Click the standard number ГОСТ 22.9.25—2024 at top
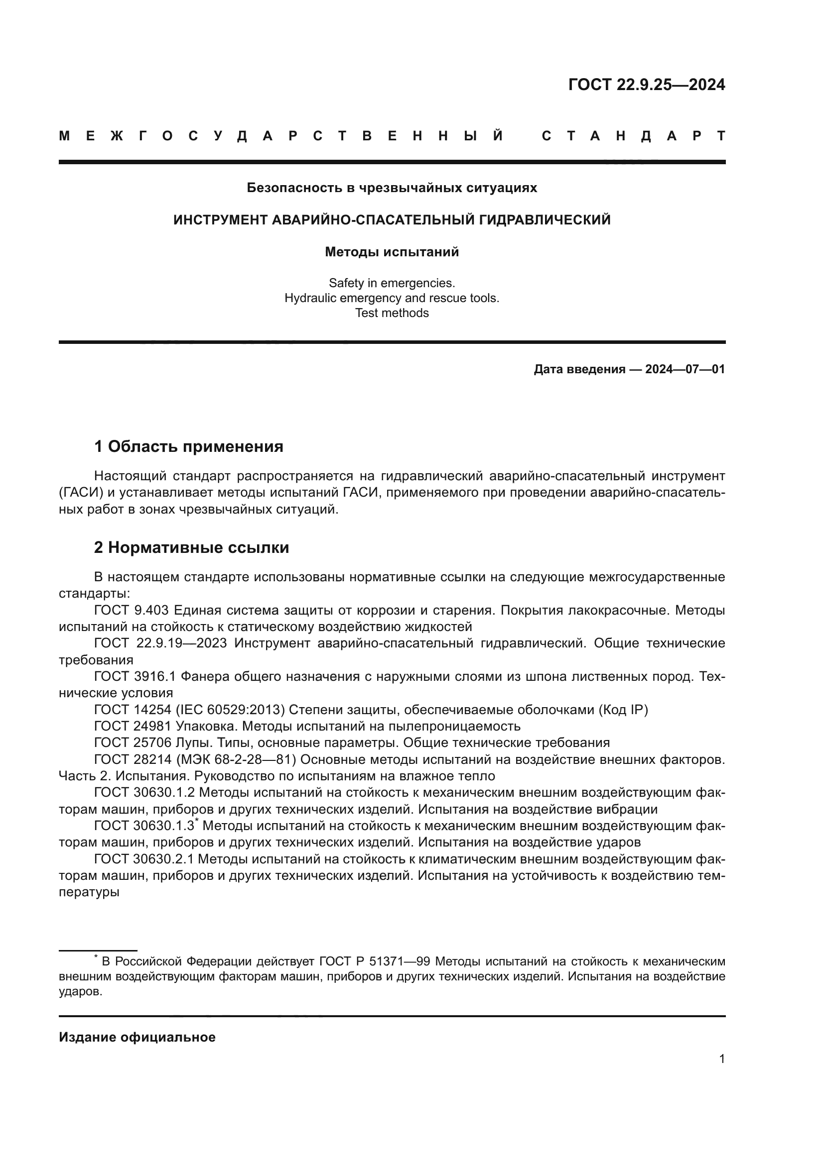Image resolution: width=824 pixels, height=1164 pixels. coord(646,85)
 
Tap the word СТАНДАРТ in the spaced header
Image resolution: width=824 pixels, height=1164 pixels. coord(633,136)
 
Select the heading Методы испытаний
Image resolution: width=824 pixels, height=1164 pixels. coord(392,252)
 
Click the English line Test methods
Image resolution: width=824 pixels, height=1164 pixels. coord(392,313)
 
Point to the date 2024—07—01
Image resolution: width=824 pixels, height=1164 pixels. coord(685,369)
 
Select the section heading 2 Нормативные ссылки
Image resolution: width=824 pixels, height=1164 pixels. coord(191,547)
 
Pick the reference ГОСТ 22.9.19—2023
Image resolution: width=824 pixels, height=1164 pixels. coord(162,643)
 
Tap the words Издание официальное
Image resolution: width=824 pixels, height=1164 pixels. coord(137,1037)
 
